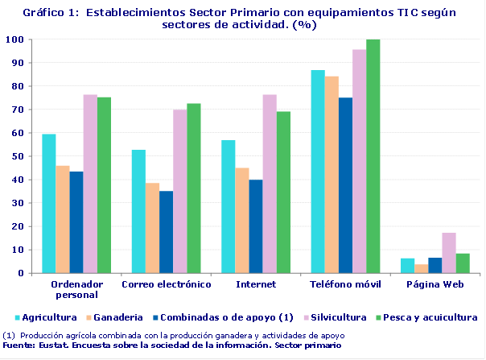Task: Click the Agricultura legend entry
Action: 45,317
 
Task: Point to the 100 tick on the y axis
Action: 14,39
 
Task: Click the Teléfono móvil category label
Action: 345,285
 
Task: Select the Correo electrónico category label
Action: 166,285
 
